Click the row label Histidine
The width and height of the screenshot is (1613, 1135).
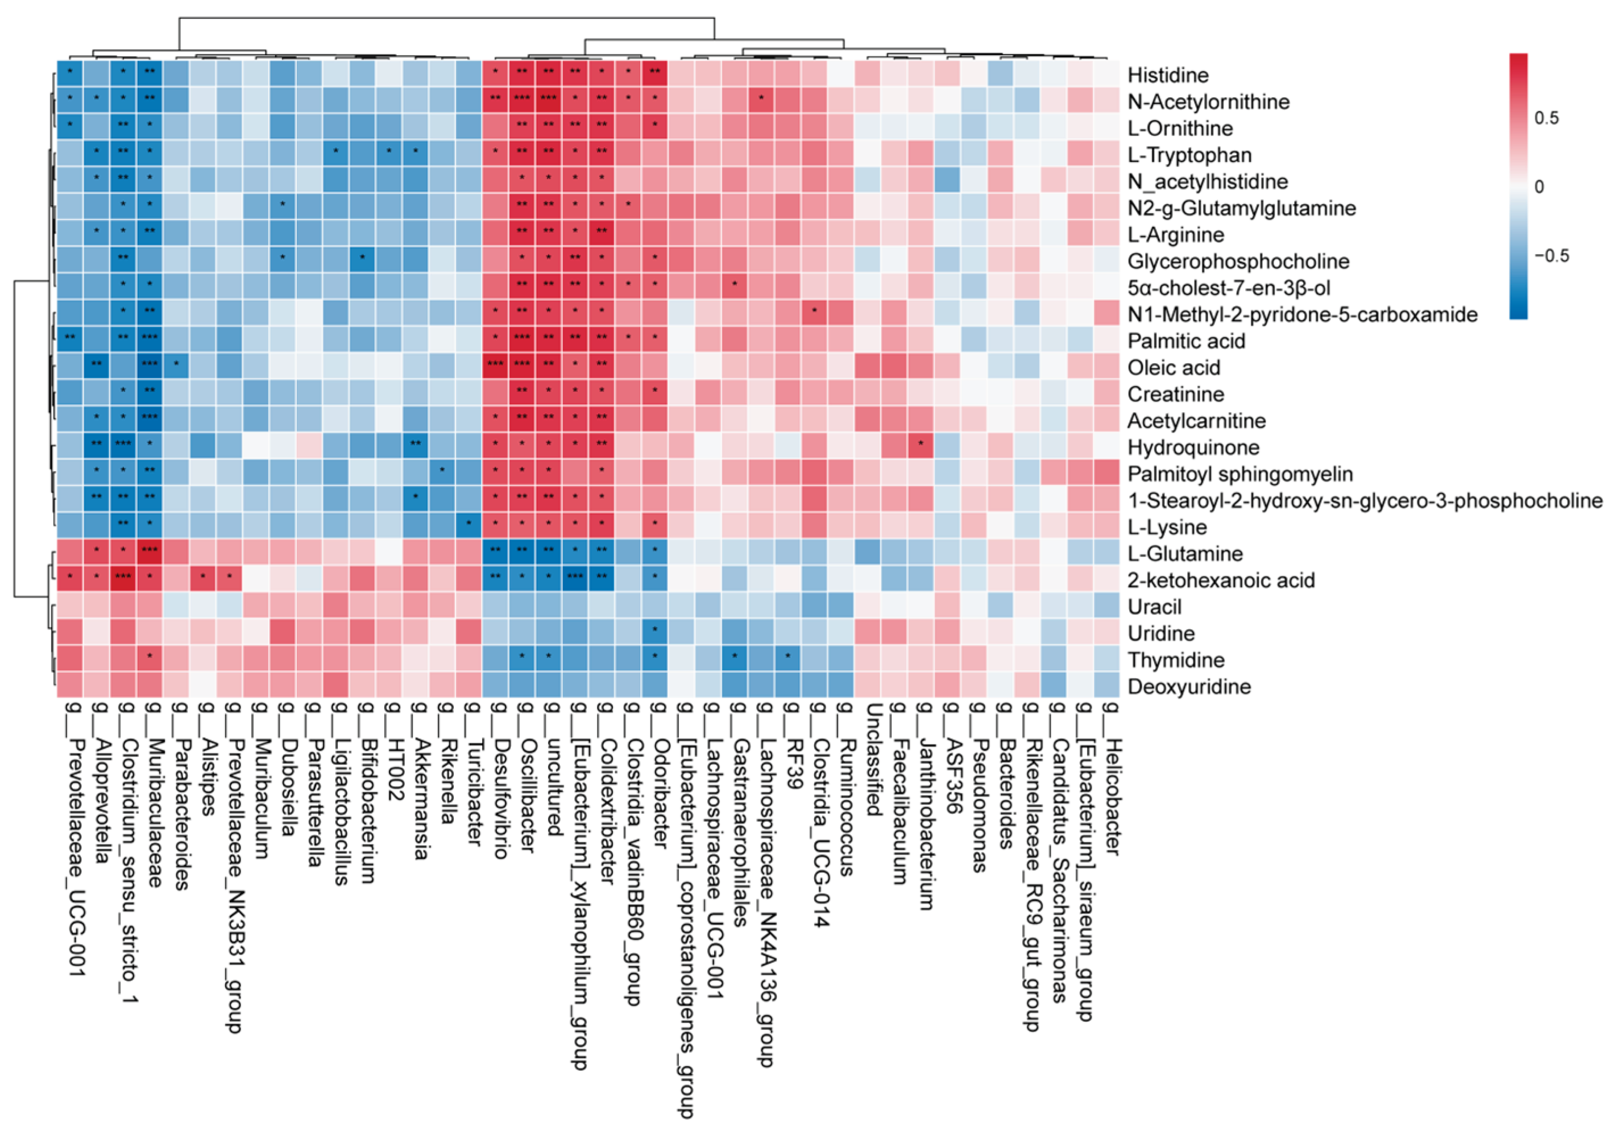point(1168,75)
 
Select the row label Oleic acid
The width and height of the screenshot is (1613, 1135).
point(1173,367)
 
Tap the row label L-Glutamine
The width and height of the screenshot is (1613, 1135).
point(1184,554)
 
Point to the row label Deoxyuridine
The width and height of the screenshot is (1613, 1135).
point(1189,686)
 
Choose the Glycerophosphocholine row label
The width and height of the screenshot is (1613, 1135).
point(1238,261)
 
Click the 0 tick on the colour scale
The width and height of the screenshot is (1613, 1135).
point(1539,187)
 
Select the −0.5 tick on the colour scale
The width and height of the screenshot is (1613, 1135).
point(1551,256)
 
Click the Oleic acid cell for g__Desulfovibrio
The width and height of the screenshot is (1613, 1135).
point(495,364)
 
